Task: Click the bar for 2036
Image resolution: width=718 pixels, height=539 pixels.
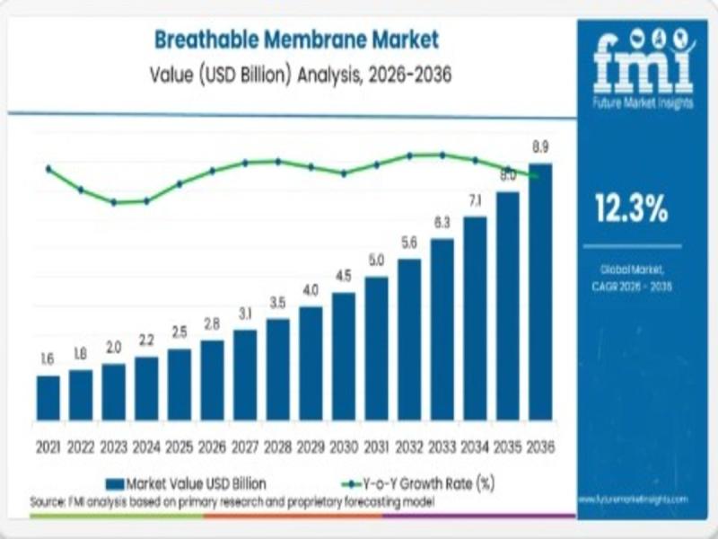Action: coord(540,292)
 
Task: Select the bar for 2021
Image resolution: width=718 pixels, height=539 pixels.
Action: coord(48,398)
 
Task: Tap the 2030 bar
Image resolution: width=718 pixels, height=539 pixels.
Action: coord(344,357)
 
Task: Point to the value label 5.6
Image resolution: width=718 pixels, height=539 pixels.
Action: coord(409,242)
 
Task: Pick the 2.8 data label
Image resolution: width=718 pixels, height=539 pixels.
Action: coord(212,323)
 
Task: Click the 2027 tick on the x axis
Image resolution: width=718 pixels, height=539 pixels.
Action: coord(245,446)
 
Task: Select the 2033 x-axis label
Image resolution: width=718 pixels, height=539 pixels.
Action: coord(442,446)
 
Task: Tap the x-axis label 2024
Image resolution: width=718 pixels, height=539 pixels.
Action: coord(146,446)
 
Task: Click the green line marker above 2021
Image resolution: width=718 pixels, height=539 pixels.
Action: coord(48,168)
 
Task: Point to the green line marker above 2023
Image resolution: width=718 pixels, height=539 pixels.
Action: coord(114,202)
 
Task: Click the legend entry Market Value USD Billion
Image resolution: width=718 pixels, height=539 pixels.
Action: coord(188,483)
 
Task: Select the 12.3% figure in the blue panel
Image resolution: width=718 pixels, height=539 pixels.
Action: coord(632,208)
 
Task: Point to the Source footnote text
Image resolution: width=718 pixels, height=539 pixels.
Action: coord(233,500)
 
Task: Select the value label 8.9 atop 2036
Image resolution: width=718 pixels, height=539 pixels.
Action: coord(540,146)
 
